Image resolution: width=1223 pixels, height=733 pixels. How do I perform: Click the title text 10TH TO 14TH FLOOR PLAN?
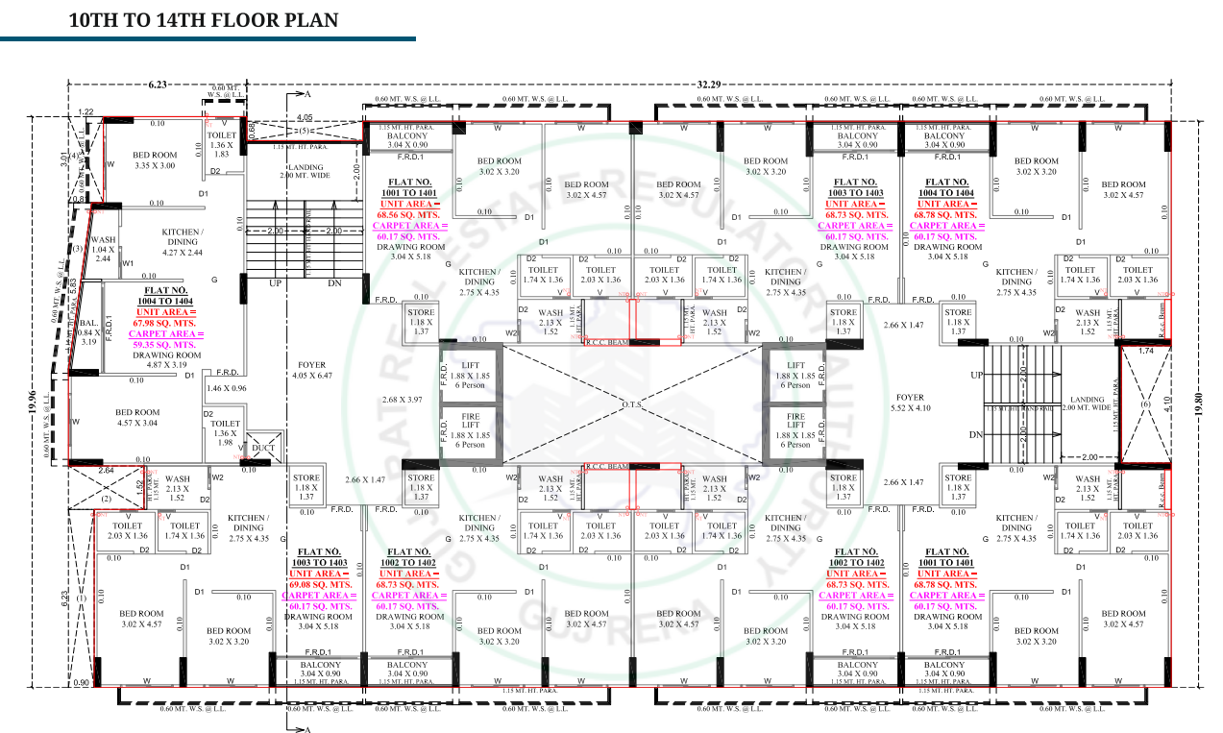click(204, 20)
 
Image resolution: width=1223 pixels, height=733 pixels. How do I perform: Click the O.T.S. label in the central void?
click(631, 404)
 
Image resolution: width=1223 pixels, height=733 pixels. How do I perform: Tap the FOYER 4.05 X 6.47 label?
click(311, 370)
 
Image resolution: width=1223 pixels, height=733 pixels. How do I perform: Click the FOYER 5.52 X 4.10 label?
click(909, 402)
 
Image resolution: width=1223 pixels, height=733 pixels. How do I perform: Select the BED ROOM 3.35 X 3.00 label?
click(154, 160)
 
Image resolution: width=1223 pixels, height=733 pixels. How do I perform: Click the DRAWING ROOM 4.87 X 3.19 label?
click(166, 360)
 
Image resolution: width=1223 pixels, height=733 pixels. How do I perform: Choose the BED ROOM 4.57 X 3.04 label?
click(137, 417)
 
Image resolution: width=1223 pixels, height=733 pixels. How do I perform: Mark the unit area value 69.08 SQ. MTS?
click(317, 584)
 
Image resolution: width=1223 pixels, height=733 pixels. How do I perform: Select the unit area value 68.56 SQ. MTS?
click(408, 214)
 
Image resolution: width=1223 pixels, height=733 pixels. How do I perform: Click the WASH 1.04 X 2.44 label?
click(102, 250)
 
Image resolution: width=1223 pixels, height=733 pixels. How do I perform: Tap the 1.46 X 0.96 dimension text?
click(227, 388)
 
